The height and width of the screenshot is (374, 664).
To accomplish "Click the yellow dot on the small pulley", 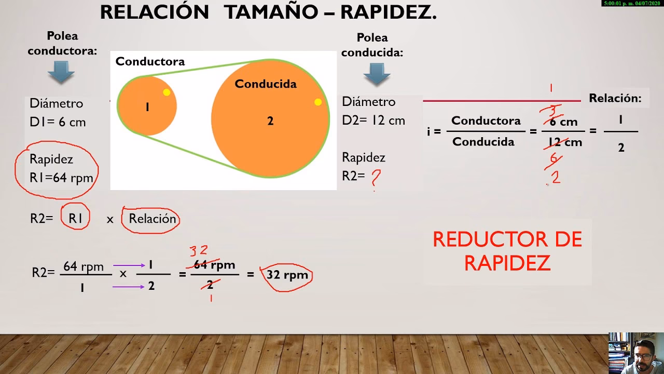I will pyautogui.click(x=167, y=92).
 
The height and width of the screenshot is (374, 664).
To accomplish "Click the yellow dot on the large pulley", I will pyautogui.click(x=318, y=102).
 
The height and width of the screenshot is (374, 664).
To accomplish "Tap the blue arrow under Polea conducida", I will pyautogui.click(x=377, y=74).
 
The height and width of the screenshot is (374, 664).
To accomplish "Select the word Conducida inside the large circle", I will pyautogui.click(x=266, y=84).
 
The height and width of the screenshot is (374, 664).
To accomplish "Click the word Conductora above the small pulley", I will pyautogui.click(x=150, y=61).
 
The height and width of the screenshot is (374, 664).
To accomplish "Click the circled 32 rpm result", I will pyautogui.click(x=287, y=275).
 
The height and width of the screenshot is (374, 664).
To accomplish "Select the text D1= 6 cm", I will pyautogui.click(x=58, y=122).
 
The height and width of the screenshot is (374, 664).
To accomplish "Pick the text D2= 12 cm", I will pyautogui.click(x=374, y=121).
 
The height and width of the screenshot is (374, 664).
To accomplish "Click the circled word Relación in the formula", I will pyautogui.click(x=153, y=219).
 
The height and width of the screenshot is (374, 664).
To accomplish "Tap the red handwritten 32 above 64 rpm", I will pyautogui.click(x=199, y=251).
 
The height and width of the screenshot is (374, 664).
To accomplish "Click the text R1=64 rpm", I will pyautogui.click(x=61, y=178).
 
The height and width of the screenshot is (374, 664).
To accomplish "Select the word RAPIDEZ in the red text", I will pyautogui.click(x=507, y=263).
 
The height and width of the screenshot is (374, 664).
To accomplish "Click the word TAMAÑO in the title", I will pyautogui.click(x=275, y=12).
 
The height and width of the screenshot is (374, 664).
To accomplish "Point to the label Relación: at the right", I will pyautogui.click(x=615, y=98).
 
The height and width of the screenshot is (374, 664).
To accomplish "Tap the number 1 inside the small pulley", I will pyautogui.click(x=147, y=108).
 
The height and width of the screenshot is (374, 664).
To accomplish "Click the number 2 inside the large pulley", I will pyautogui.click(x=270, y=121).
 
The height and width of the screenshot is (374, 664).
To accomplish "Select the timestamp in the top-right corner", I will pyautogui.click(x=632, y=3).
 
